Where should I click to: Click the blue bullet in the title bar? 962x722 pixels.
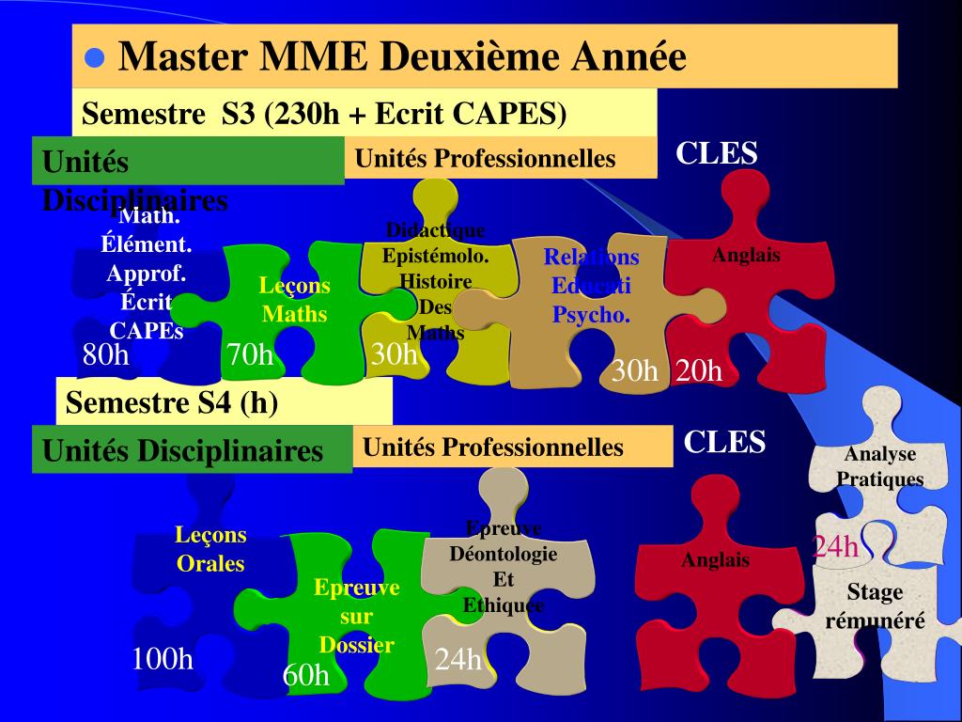click(93, 57)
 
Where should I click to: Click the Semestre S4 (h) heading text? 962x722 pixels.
click(172, 403)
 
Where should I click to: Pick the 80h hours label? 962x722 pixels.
click(105, 355)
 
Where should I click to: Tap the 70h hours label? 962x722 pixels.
click(250, 355)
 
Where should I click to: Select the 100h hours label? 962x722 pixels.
click(163, 659)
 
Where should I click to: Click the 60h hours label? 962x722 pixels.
click(306, 674)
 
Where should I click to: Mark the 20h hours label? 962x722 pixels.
click(699, 371)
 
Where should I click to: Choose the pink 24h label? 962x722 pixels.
click(835, 546)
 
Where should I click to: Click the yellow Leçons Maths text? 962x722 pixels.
click(295, 300)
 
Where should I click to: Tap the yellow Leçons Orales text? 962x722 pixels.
click(210, 549)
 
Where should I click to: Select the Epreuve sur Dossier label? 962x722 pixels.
click(356, 617)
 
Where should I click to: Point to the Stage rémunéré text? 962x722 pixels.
click(875, 606)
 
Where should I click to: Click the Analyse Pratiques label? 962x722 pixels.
click(880, 466)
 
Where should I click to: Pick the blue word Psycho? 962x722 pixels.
click(591, 315)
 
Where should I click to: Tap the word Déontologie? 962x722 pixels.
click(504, 554)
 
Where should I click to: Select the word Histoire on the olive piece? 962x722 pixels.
click(435, 281)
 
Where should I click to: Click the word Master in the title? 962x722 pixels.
click(182, 57)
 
